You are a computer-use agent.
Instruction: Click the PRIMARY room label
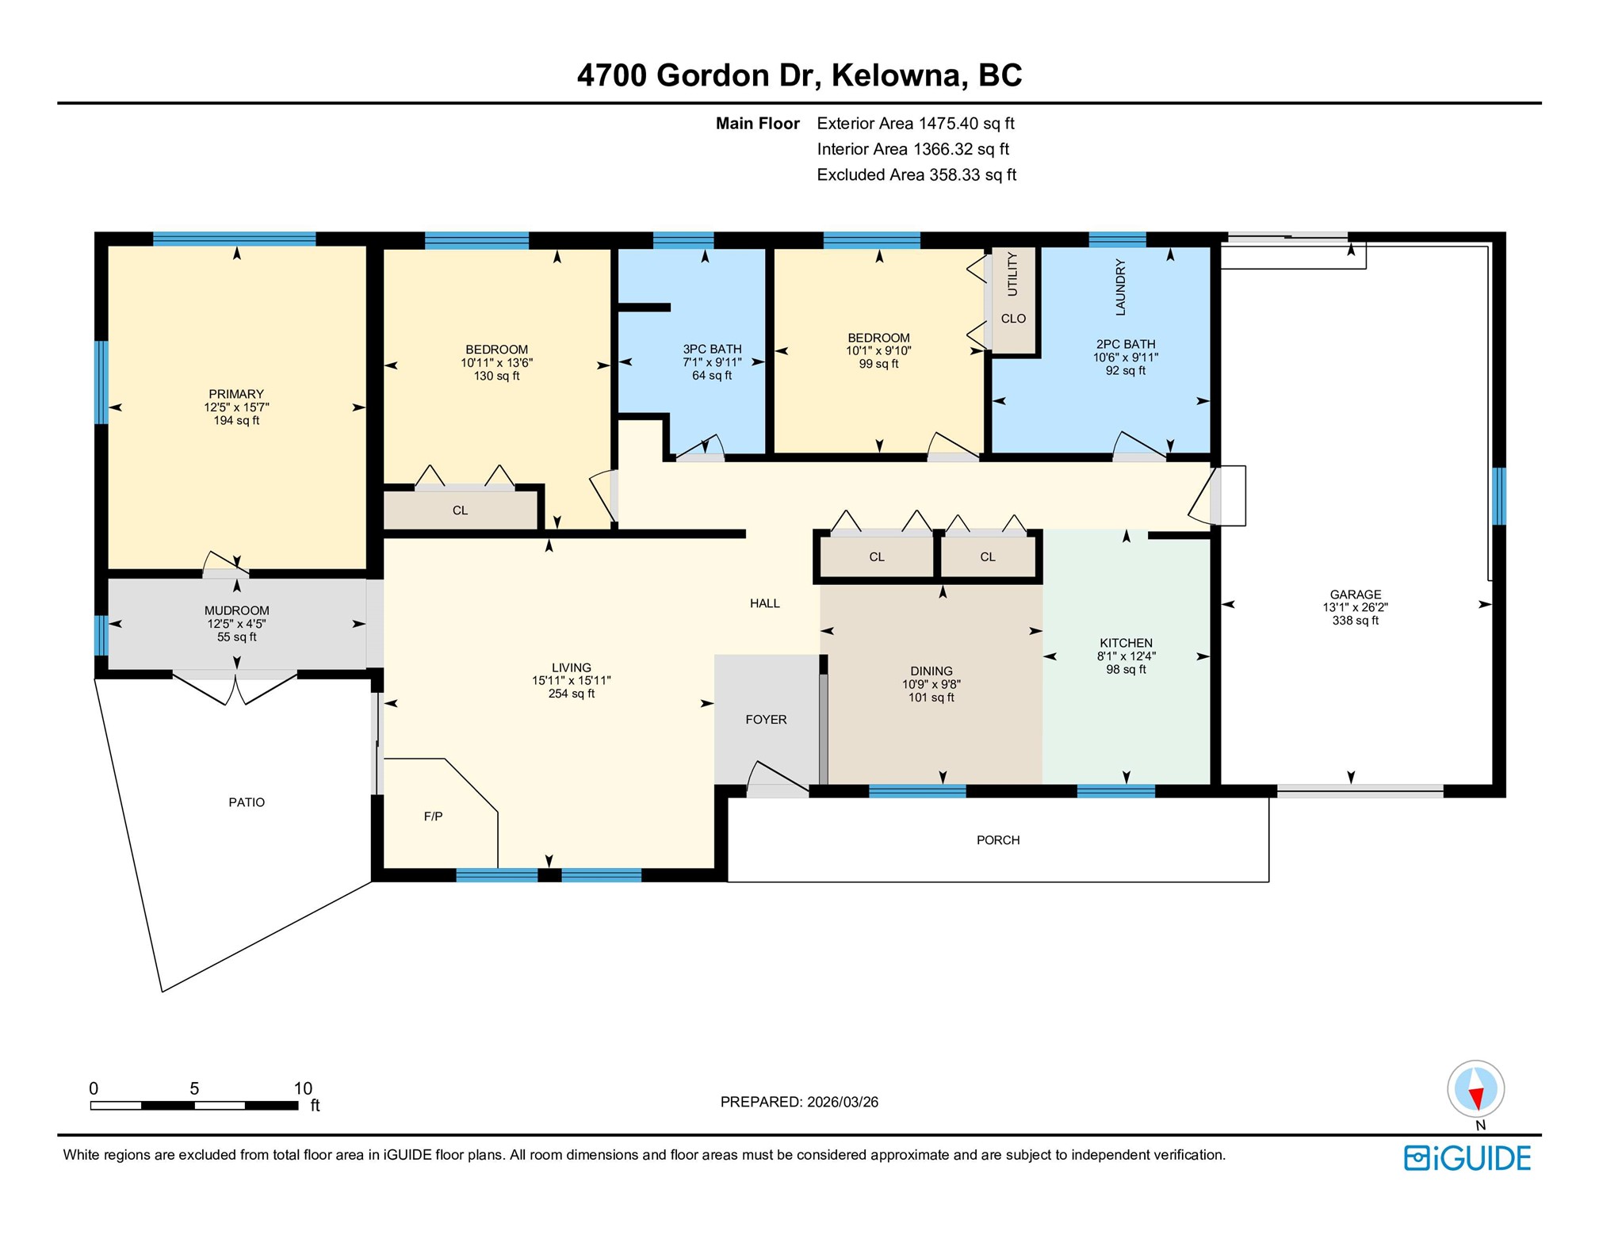click(236, 394)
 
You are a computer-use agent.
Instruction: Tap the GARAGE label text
click(1356, 595)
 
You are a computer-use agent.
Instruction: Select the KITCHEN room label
click(1126, 643)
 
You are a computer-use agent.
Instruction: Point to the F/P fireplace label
click(433, 816)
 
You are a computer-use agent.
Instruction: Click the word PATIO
click(247, 802)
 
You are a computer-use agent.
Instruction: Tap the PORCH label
click(998, 840)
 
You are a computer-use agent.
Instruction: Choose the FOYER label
click(766, 720)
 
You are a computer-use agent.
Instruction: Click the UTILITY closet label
click(1012, 274)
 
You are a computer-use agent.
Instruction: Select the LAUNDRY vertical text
click(1120, 287)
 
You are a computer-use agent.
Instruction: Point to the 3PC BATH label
click(712, 350)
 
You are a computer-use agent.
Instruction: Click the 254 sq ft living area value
click(571, 694)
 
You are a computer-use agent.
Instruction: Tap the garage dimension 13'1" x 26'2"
click(1356, 607)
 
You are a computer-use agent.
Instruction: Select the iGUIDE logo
click(1467, 1158)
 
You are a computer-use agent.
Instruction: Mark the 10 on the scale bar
click(303, 1088)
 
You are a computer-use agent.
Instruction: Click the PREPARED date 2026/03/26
click(843, 1102)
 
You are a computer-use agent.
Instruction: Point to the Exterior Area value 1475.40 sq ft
click(966, 124)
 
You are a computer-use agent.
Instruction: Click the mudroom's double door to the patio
click(235, 686)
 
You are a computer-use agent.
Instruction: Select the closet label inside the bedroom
click(460, 510)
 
